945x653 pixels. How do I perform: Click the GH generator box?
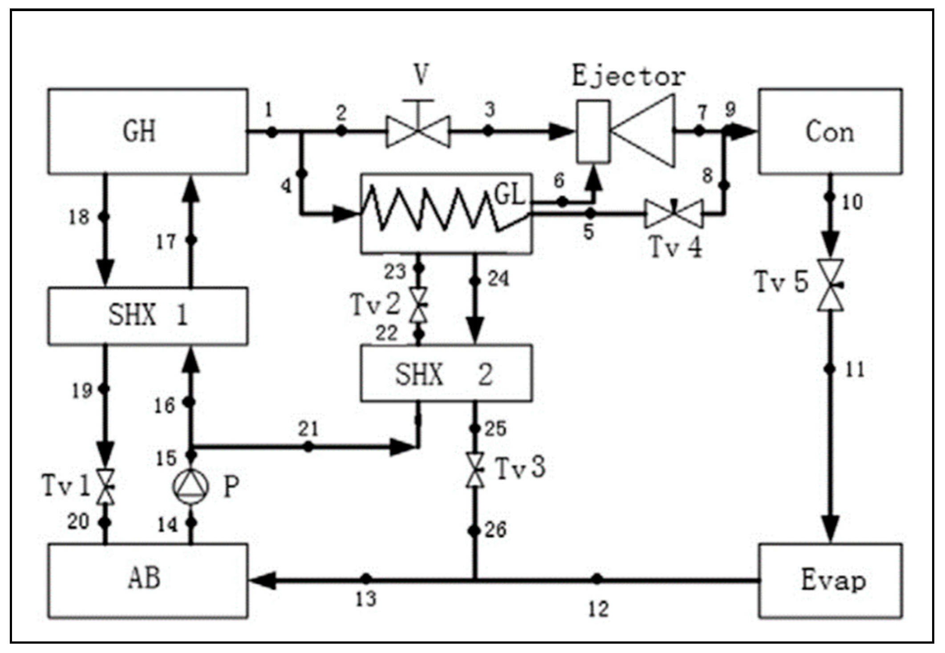148,131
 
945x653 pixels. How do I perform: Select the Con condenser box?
830,131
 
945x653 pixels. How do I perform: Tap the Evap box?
830,580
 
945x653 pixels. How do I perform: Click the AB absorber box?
148,580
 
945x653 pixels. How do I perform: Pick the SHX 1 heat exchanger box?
148,316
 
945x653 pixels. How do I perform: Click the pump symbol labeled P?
191,487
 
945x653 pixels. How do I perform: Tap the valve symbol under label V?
418,131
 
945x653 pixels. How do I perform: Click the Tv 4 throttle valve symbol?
674,214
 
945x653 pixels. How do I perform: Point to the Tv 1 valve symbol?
106,486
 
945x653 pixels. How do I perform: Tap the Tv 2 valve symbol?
418,305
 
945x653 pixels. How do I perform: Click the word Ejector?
629,77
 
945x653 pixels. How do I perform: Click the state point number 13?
366,600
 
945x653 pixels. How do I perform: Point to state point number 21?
308,429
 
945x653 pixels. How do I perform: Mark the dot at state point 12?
597,579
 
